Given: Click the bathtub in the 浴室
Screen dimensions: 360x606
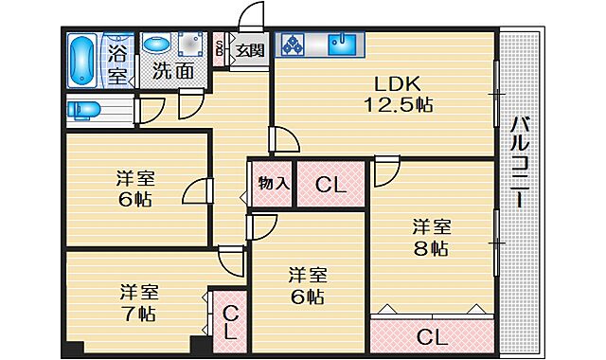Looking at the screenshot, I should pos(83,60).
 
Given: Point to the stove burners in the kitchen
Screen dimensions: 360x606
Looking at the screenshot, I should pos(293,45).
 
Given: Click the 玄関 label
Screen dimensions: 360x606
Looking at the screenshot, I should pos(250,49).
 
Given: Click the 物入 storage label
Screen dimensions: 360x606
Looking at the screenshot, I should pos(274,183).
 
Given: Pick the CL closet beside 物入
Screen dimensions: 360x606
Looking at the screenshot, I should pos(331,185).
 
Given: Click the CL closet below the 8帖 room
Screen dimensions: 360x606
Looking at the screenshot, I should pos(432,335).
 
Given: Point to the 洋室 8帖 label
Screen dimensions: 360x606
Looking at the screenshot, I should pos(431,238).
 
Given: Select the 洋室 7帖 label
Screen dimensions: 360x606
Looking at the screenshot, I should pos(138,302).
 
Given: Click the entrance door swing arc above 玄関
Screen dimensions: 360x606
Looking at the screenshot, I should pos(248,16).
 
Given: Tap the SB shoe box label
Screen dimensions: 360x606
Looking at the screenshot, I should pos(221,49).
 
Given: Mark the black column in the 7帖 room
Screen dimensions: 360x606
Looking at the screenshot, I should pos(198,347).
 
